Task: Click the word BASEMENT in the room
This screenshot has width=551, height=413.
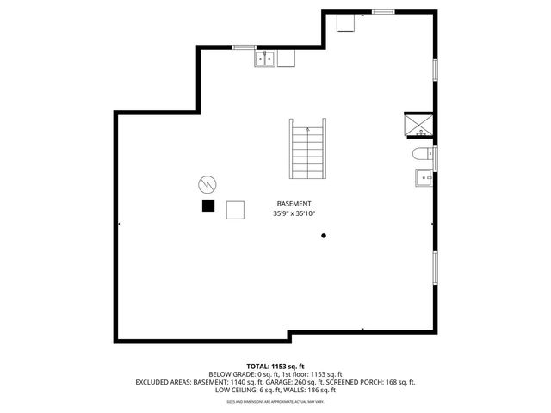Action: click(x=294, y=203)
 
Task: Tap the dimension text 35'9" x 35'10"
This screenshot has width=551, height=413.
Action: click(x=294, y=213)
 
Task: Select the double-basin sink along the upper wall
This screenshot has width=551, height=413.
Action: click(x=264, y=59)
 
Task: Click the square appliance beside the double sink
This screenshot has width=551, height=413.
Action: click(x=286, y=59)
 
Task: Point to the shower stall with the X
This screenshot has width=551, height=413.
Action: click(x=419, y=126)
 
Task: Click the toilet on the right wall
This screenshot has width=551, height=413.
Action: click(x=421, y=156)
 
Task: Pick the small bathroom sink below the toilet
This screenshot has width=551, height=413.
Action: click(x=423, y=178)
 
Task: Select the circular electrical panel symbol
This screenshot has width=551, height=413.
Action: click(x=207, y=183)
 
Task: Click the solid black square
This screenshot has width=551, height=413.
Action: click(x=207, y=205)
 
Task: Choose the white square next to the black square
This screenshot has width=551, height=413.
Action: click(x=234, y=210)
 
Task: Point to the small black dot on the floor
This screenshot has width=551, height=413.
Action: click(x=324, y=235)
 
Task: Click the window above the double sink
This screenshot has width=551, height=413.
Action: click(x=245, y=46)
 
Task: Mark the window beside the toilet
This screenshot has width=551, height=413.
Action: click(x=436, y=157)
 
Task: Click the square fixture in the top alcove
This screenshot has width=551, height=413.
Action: click(x=346, y=23)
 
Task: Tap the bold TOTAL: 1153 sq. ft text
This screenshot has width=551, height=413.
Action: click(x=275, y=366)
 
